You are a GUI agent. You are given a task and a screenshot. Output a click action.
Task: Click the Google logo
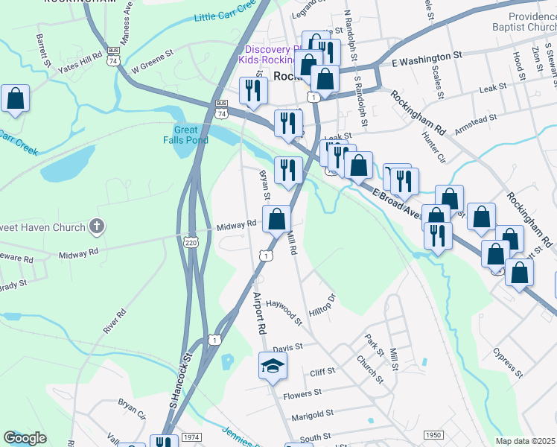coord(25,438)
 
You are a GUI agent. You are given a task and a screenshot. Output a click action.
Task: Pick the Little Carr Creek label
coord(223,14)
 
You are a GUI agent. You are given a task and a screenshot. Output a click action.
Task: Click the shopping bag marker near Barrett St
coord(14,99)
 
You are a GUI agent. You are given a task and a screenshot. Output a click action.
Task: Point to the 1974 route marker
coord(191,437)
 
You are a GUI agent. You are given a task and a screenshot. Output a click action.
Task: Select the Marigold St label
coord(312,416)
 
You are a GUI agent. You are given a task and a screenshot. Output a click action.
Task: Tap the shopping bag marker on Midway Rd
coord(276,219)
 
